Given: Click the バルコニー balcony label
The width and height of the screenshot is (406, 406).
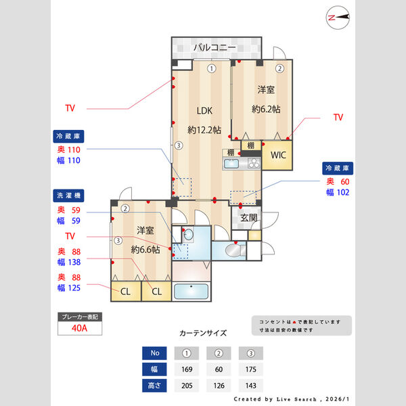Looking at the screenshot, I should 214,47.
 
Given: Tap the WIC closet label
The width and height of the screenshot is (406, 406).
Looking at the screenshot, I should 278,154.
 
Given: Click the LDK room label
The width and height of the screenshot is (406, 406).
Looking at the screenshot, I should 204,111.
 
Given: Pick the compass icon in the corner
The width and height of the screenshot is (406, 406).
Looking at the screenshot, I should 336,18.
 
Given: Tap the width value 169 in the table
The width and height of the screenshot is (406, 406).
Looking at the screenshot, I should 186,369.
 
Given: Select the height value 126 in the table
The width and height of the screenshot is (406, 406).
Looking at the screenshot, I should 218,386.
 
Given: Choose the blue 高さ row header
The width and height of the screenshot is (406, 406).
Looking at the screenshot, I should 154,386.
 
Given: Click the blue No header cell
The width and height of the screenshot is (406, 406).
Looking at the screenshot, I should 154,353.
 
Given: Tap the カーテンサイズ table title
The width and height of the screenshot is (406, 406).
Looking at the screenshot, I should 203,334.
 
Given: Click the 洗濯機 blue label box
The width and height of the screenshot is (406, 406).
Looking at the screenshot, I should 70,196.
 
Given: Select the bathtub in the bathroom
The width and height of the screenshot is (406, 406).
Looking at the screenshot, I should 191,292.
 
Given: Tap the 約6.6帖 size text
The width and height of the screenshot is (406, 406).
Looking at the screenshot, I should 145,249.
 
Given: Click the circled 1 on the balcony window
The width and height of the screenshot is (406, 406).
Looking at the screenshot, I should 211,68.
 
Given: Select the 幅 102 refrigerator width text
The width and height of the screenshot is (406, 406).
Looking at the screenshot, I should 338,192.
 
